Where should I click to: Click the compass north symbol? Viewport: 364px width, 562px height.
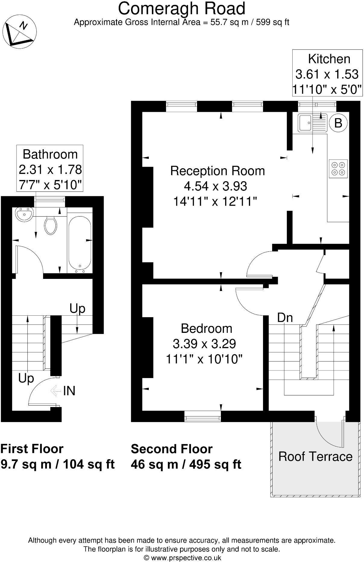(20, 30)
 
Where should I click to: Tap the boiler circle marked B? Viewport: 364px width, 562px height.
(338, 123)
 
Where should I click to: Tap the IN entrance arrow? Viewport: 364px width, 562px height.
(55, 391)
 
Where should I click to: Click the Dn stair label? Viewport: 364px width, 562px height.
(285, 317)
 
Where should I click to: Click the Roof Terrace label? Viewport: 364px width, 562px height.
(315, 456)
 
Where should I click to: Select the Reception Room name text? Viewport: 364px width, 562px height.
(218, 171)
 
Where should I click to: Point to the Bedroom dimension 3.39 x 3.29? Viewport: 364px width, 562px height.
(204, 343)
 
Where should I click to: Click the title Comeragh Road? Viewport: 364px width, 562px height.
(182, 8)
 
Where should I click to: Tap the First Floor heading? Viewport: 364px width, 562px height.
(32, 449)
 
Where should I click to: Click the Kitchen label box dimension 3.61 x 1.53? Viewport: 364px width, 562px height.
(327, 74)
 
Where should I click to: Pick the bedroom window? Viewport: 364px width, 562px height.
(202, 416)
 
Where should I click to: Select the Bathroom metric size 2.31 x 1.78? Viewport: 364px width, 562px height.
(50, 169)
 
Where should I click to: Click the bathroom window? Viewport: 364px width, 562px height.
(50, 202)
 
